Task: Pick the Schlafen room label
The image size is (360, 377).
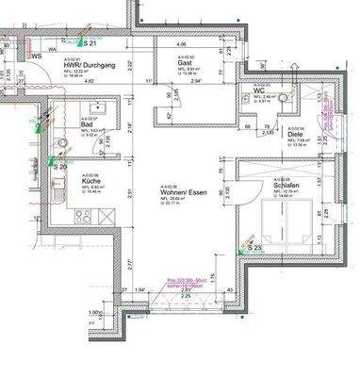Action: tap(286, 187)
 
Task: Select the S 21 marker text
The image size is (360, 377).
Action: tap(90, 43)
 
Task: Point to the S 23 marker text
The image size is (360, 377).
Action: tap(254, 248)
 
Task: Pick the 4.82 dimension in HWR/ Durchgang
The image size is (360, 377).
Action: tap(90, 81)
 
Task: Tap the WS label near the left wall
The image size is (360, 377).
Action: tap(39, 55)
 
